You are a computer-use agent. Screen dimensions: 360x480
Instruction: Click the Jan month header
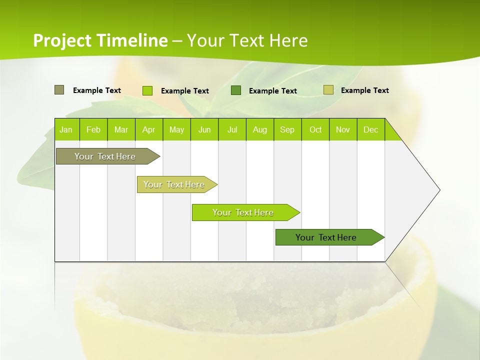pyautogui.click(x=66, y=129)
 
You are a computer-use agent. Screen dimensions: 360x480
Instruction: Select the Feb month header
pyautogui.click(x=93, y=129)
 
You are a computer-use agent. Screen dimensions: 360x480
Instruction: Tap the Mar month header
pyautogui.click(x=121, y=129)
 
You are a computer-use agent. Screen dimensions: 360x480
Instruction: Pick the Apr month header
pyautogui.click(x=149, y=129)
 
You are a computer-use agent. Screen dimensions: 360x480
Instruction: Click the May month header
pyautogui.click(x=176, y=129)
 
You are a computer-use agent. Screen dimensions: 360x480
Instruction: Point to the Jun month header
pyautogui.click(x=204, y=129)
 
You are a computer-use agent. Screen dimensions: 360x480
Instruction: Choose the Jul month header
pyautogui.click(x=232, y=129)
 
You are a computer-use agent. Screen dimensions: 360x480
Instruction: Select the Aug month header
pyautogui.click(x=260, y=129)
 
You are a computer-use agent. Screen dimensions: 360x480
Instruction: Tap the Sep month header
pyautogui.click(x=287, y=129)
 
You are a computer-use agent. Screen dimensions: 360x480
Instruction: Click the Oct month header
pyautogui.click(x=315, y=129)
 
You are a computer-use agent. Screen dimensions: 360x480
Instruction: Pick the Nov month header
pyautogui.click(x=343, y=129)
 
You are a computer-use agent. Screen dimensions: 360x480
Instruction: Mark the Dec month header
pyautogui.click(x=371, y=129)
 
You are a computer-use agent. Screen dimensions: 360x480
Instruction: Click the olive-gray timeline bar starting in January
pyautogui.click(x=105, y=156)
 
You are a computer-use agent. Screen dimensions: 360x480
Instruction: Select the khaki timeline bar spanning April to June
pyautogui.click(x=174, y=184)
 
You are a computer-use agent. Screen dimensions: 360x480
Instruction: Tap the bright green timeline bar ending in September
pyautogui.click(x=243, y=212)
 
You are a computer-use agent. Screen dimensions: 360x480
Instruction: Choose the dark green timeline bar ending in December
pyautogui.click(x=326, y=237)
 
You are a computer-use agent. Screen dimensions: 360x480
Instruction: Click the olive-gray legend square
pyautogui.click(x=59, y=90)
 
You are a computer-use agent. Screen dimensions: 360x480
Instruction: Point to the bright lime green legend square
pyautogui.click(x=147, y=90)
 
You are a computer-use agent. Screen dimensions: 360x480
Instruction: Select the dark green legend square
pyautogui.click(x=236, y=90)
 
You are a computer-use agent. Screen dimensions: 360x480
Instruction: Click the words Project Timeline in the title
pyautogui.click(x=100, y=40)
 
